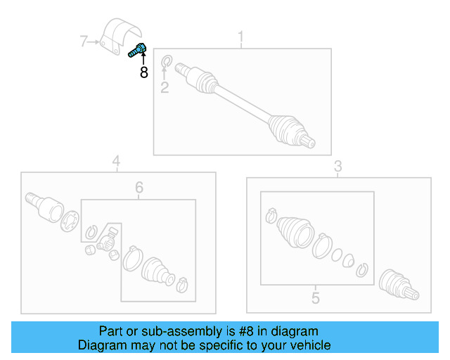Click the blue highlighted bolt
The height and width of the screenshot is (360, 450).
pos(137,50)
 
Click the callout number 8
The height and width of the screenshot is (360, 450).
pos(143,72)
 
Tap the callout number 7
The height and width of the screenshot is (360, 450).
pos(84,42)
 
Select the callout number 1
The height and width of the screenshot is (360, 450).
pos(241,36)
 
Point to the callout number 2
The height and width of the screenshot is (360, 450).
pos(165,88)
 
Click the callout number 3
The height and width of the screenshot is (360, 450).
pos(337,166)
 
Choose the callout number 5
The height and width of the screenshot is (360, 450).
pos(316,298)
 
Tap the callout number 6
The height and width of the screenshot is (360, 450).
pos(139,187)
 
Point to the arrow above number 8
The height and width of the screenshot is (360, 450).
pos(143,59)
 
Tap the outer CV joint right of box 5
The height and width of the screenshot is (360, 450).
pos(397,285)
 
